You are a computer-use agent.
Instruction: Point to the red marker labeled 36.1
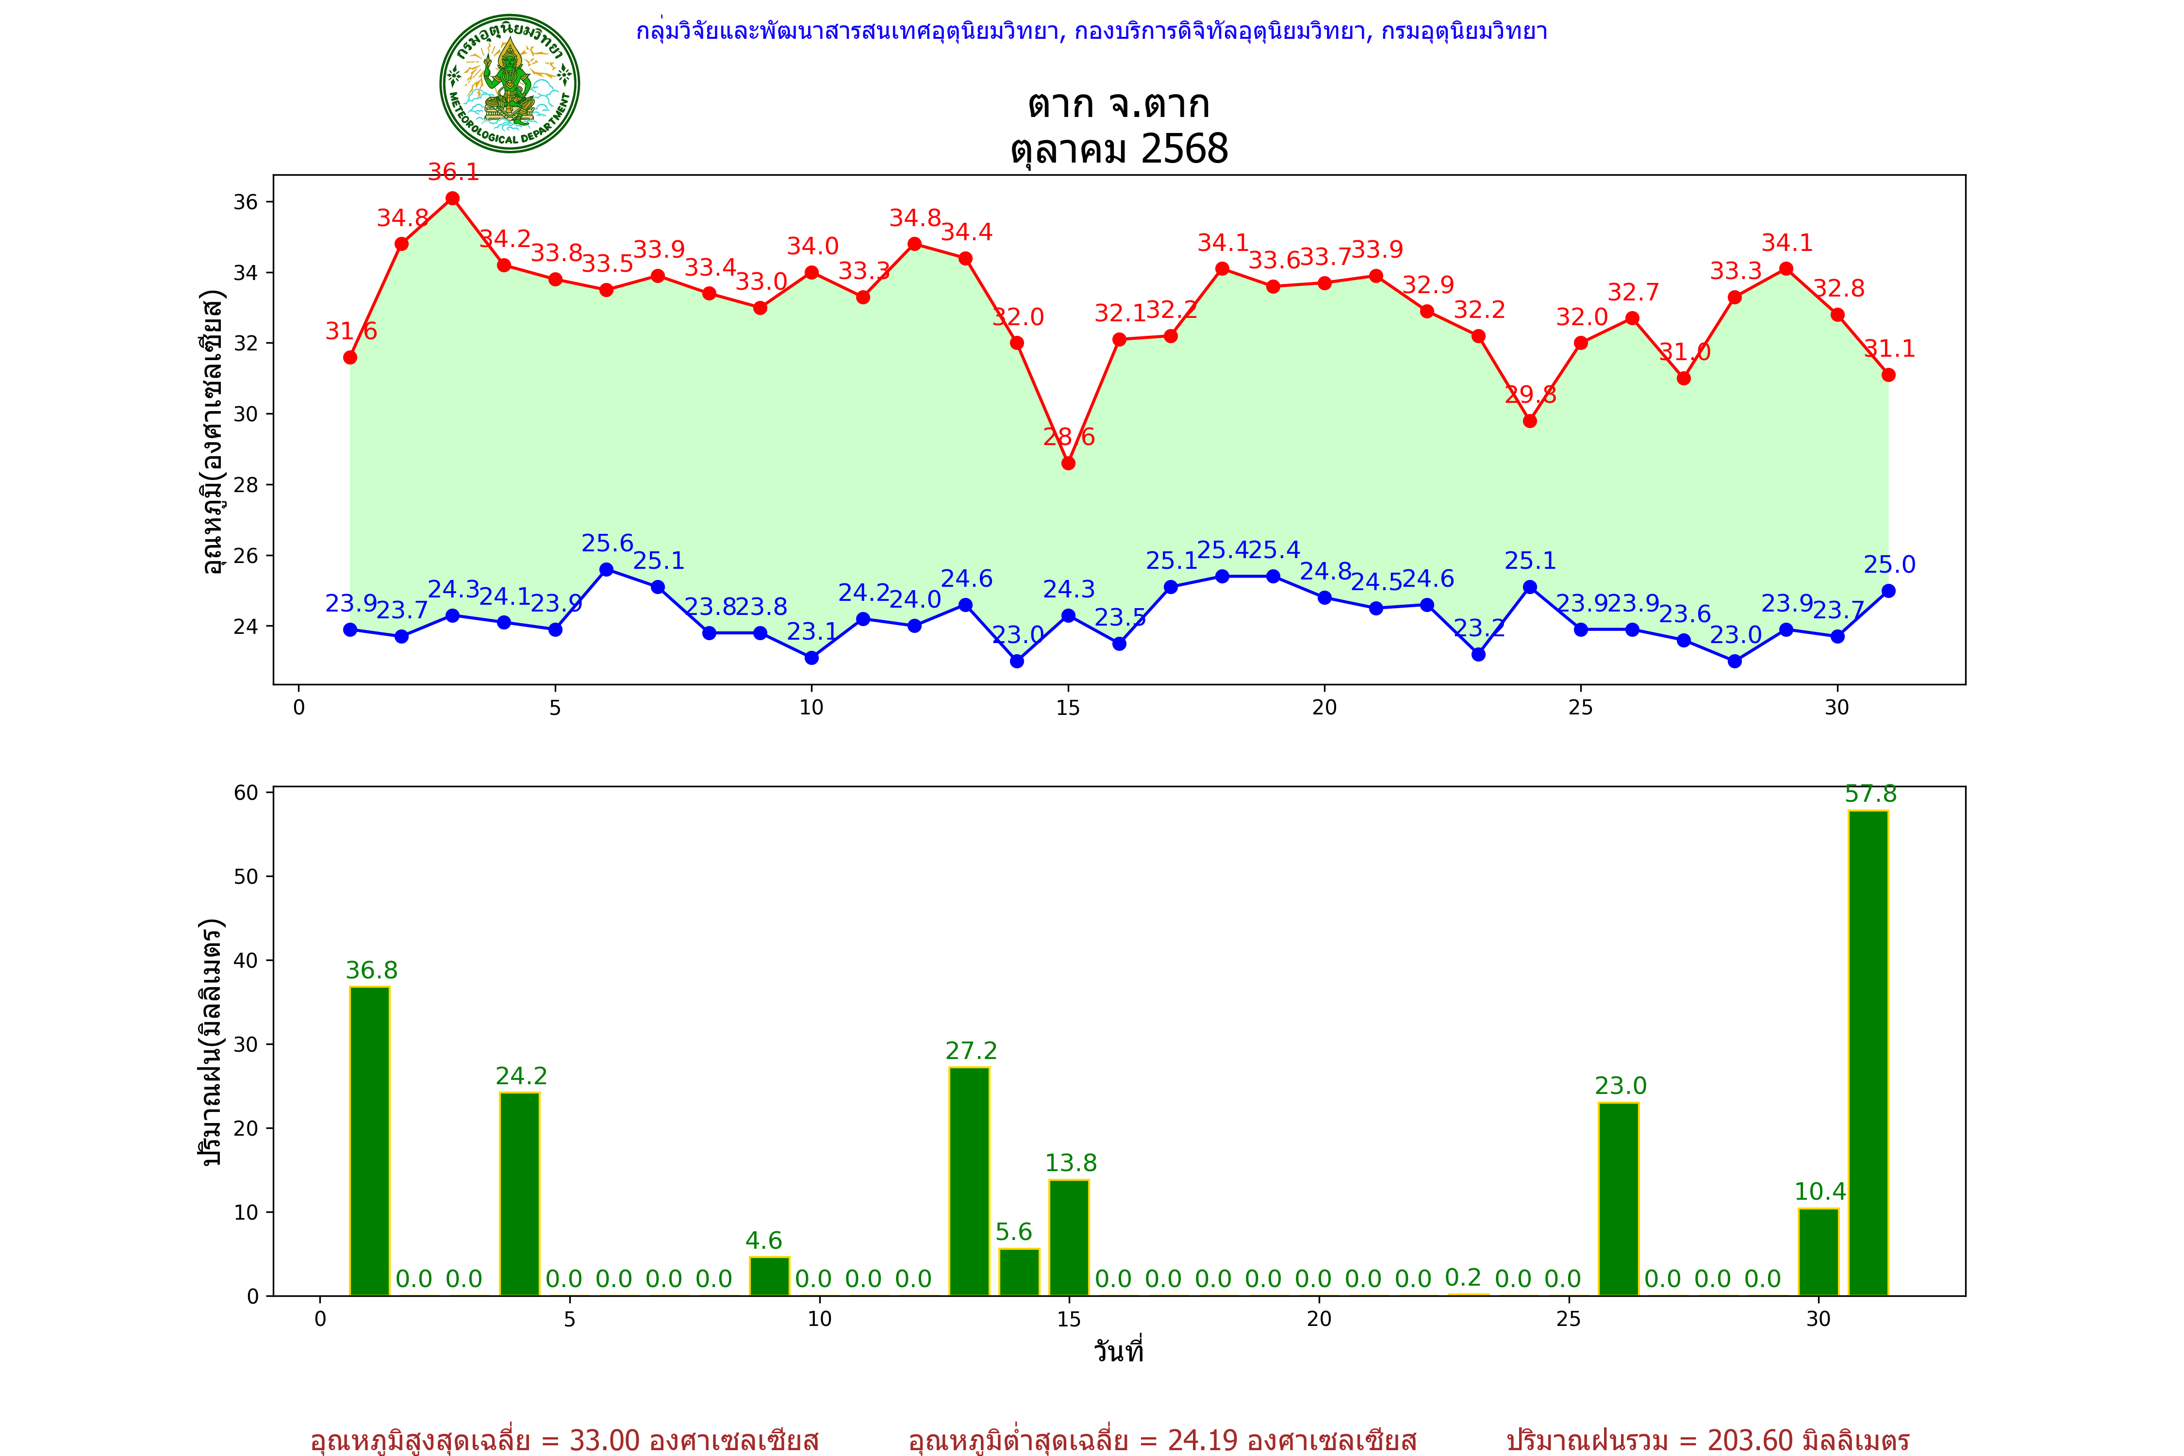pyautogui.click(x=452, y=199)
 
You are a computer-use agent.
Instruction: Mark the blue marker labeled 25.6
pyautogui.click(x=606, y=569)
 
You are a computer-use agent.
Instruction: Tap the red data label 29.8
pyautogui.click(x=1530, y=395)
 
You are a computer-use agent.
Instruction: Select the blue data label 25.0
pyautogui.click(x=1889, y=564)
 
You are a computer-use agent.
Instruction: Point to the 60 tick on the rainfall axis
pyautogui.click(x=246, y=792)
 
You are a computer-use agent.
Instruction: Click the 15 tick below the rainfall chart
pyautogui.click(x=1069, y=1319)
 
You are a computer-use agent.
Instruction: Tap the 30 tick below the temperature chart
pyautogui.click(x=1837, y=708)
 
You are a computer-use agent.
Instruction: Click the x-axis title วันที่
pyautogui.click(x=1118, y=1351)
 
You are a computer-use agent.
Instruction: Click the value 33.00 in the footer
pyautogui.click(x=605, y=1440)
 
